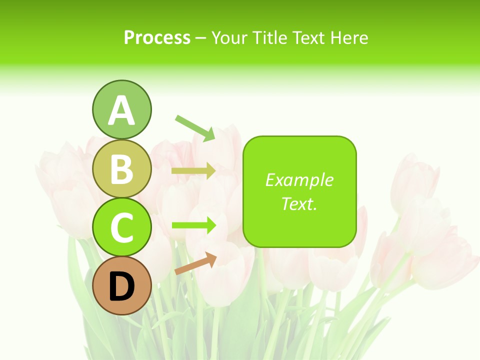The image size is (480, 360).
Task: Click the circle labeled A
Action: (121, 109)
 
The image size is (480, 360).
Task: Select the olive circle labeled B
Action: (121, 168)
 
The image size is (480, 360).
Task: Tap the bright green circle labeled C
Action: (121, 227)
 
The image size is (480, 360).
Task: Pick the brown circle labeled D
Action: (121, 286)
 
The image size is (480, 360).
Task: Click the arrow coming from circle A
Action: (195, 127)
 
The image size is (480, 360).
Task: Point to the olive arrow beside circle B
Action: (193, 171)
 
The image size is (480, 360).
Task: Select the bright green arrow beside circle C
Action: (193, 225)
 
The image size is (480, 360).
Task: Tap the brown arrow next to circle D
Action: (195, 263)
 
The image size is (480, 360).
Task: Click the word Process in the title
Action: (157, 38)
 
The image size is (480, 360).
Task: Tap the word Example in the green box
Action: (299, 180)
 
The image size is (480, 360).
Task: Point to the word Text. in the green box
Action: (299, 203)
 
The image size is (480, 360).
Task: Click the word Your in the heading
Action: (230, 38)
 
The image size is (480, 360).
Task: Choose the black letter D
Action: (121, 287)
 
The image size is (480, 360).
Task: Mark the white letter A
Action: (121, 110)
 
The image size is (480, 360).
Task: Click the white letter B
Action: (121, 169)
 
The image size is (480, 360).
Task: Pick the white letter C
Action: (121, 228)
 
